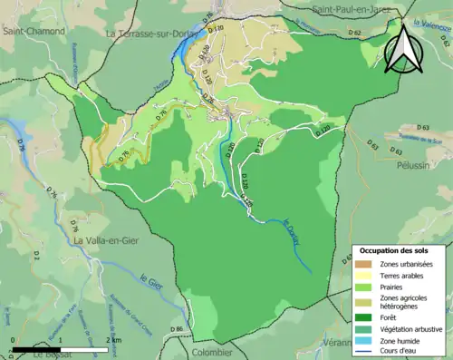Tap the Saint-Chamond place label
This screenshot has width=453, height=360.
(34, 31)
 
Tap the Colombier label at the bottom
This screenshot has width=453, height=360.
(212, 352)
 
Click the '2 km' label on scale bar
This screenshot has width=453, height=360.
(113, 339)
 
